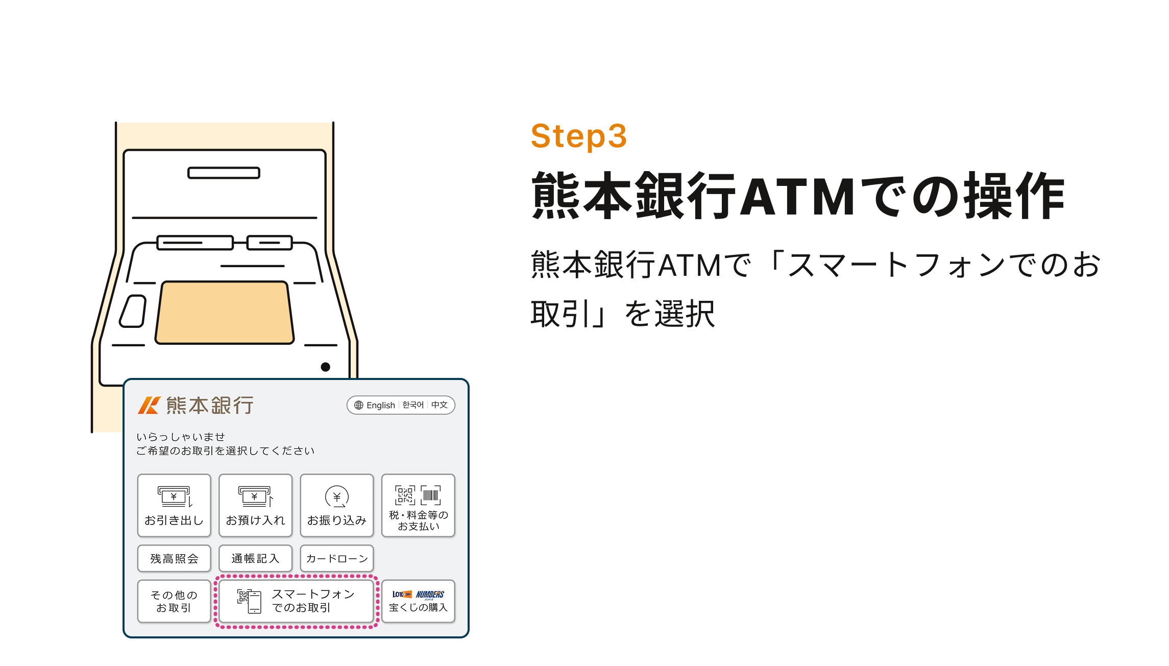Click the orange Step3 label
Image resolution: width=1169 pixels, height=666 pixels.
(x=578, y=136)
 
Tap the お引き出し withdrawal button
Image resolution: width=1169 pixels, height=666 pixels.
(x=174, y=505)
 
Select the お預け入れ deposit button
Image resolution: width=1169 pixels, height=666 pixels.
(x=255, y=505)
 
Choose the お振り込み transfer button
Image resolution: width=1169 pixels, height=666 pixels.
(x=337, y=505)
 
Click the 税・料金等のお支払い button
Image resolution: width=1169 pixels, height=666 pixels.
(x=418, y=505)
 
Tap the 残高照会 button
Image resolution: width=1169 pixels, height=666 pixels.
(x=174, y=558)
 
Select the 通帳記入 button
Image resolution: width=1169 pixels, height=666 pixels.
(x=255, y=558)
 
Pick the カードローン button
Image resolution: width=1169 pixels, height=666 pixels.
(x=337, y=558)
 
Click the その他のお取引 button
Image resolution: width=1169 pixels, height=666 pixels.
(x=174, y=601)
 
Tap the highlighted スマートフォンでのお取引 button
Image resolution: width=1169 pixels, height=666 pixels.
(x=296, y=601)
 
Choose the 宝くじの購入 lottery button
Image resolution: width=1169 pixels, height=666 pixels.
(x=418, y=601)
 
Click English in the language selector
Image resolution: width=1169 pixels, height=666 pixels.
(x=381, y=405)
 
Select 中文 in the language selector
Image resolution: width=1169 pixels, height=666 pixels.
(x=440, y=405)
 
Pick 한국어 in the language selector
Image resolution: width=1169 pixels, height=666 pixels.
(x=413, y=405)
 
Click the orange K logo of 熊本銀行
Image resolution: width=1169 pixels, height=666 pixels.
(x=149, y=406)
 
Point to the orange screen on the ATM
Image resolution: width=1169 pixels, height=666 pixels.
(x=225, y=312)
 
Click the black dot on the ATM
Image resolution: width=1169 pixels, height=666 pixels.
(x=326, y=367)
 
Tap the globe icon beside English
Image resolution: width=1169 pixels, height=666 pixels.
(x=359, y=405)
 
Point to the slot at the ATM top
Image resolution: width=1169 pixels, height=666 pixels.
(x=224, y=173)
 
